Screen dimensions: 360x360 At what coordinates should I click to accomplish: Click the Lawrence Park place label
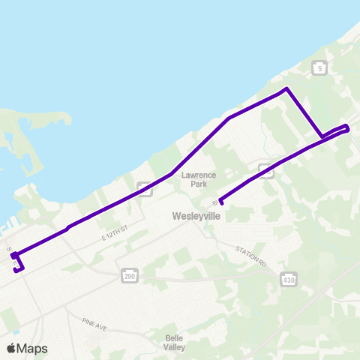pyautogui.click(x=198, y=179)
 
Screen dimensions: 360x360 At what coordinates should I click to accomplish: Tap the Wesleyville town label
pyautogui.click(x=195, y=215)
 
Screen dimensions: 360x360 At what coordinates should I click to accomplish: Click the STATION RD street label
pyautogui.click(x=250, y=250)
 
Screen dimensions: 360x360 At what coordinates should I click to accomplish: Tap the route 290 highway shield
pyautogui.click(x=129, y=277)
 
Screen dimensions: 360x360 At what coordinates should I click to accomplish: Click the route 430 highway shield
pyautogui.click(x=288, y=280)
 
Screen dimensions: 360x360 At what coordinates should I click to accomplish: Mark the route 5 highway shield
pyautogui.click(x=320, y=68)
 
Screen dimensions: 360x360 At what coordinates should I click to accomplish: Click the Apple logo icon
pyautogui.click(x=12, y=348)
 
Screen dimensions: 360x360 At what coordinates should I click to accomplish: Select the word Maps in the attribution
pyautogui.click(x=33, y=348)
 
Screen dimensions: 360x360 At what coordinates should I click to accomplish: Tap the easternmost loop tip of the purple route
pyautogui.click(x=348, y=128)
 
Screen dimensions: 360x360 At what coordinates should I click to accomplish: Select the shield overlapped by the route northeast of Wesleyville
pyautogui.click(x=266, y=171)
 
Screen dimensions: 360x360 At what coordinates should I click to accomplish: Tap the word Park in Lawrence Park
pyautogui.click(x=198, y=184)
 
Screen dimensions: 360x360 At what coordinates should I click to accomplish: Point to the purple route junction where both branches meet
pyautogui.click(x=322, y=137)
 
